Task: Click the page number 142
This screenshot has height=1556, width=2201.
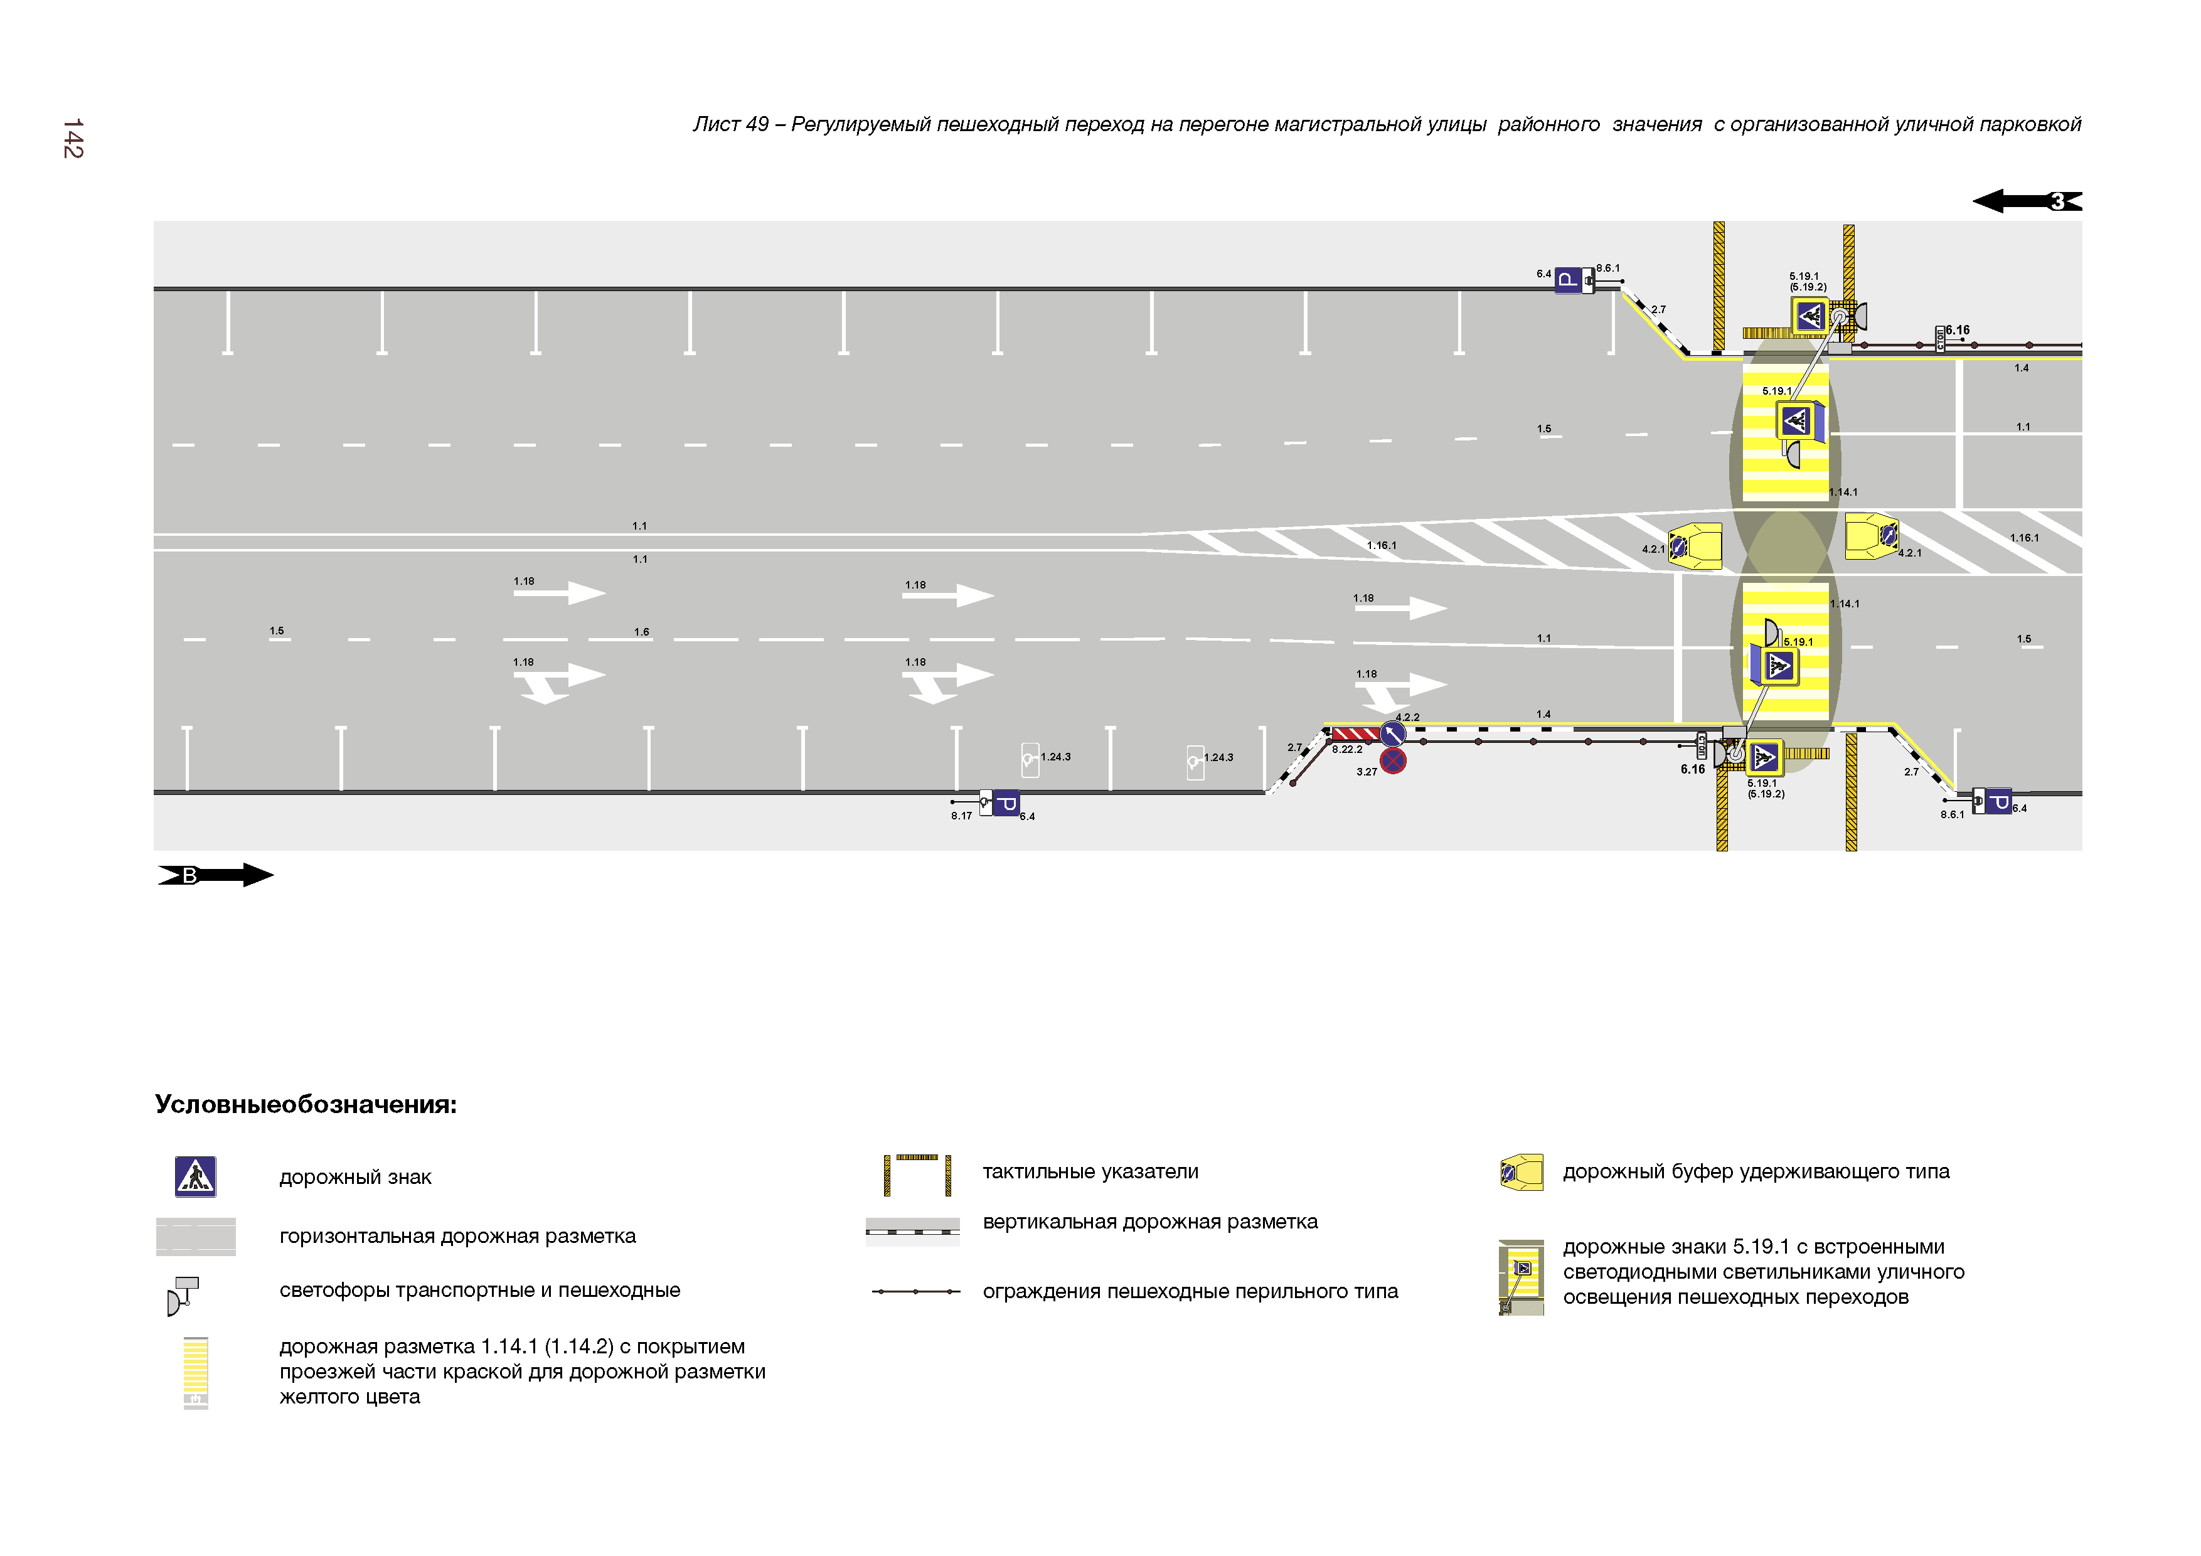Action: tap(73, 139)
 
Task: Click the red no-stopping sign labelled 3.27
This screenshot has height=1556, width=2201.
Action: tap(1393, 761)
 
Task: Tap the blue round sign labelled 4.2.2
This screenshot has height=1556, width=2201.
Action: tap(1393, 734)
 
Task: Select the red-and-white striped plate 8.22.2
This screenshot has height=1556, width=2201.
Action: tap(1355, 734)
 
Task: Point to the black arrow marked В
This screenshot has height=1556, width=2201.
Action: tap(216, 875)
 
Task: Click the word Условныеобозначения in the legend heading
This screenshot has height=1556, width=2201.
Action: tap(306, 1104)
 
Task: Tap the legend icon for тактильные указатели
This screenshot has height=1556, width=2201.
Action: tap(917, 1175)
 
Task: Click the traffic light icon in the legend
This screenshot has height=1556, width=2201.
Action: tap(182, 1295)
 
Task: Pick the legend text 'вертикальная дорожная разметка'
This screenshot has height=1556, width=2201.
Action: tap(1149, 1222)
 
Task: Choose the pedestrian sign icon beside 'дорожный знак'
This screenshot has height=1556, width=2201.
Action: tap(196, 1177)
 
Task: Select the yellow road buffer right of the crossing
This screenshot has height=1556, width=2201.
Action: tap(1871, 537)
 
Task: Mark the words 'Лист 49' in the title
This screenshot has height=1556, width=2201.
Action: tap(730, 125)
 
